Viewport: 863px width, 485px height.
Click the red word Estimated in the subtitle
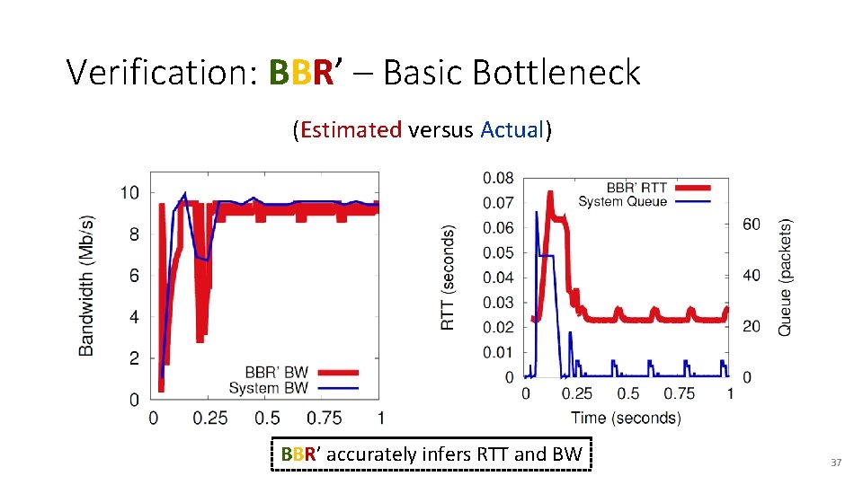pos(351,130)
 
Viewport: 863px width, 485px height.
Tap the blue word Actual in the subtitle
pos(512,130)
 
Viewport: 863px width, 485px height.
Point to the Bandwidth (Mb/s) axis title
pos(87,286)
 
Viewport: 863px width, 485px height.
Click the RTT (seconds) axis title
pos(448,277)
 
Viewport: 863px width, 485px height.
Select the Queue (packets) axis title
pos(785,277)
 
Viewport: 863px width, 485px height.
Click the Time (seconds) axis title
pos(626,417)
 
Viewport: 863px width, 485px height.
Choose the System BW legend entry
pos(268,388)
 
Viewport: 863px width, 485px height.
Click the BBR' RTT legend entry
pos(636,188)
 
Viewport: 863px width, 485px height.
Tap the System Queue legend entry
pos(622,201)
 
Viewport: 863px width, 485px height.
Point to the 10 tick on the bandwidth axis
pos(129,193)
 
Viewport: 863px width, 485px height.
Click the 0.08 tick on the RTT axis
pos(499,178)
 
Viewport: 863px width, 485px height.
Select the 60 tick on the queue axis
pos(751,224)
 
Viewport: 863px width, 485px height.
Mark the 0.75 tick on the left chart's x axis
pos(325,418)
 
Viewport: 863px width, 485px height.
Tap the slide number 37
pos(835,463)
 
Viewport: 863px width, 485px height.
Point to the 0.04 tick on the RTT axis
pos(499,278)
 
